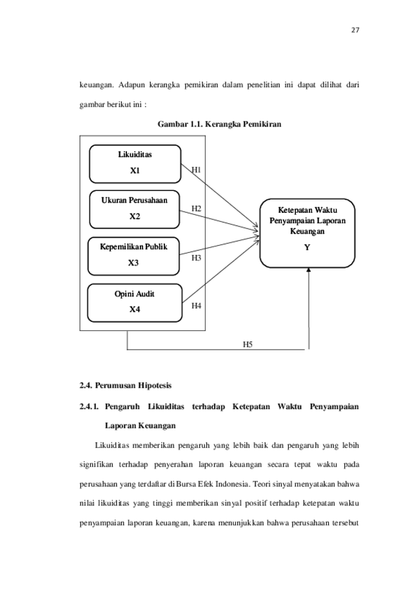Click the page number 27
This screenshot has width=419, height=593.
355,30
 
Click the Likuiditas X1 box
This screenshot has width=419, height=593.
135,164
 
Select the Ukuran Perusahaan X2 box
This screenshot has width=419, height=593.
135,210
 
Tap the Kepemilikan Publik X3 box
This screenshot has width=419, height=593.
133,256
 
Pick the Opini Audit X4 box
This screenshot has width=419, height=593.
135,303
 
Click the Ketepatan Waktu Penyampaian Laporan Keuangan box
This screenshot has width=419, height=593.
307,233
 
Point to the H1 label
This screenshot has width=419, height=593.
196,170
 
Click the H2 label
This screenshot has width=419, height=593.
196,209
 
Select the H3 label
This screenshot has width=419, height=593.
196,258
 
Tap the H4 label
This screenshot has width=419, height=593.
196,306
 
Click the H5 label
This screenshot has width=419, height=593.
248,344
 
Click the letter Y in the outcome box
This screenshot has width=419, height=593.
307,247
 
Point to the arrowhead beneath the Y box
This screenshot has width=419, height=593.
309,270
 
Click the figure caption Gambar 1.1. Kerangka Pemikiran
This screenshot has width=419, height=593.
220,124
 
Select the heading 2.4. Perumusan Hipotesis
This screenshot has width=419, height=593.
126,385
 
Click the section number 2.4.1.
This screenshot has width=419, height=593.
89,407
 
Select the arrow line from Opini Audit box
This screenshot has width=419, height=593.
220,269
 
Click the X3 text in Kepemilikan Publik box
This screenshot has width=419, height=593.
133,263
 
